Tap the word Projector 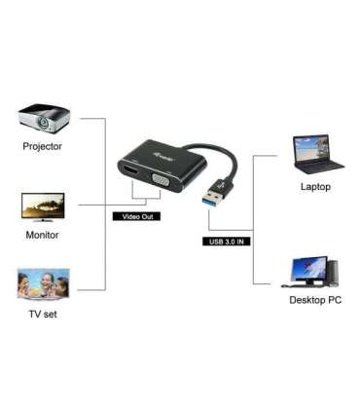click(x=42, y=147)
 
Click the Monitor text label click(x=42, y=235)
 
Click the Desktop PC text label click(x=315, y=300)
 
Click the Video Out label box click(x=134, y=216)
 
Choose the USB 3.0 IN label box click(x=229, y=241)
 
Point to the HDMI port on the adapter click(x=129, y=173)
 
